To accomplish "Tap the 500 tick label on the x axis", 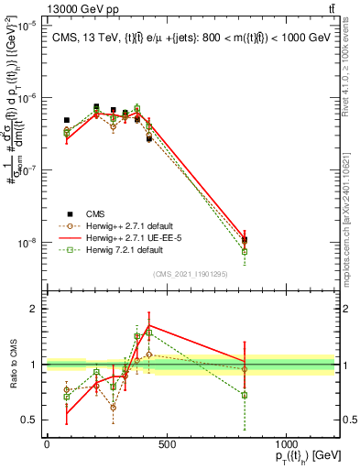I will [166, 445].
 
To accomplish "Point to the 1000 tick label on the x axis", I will [286, 445].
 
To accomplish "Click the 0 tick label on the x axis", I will [47, 445].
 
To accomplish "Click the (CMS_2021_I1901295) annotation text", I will [190, 274].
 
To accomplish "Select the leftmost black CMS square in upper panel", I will [66, 120].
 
